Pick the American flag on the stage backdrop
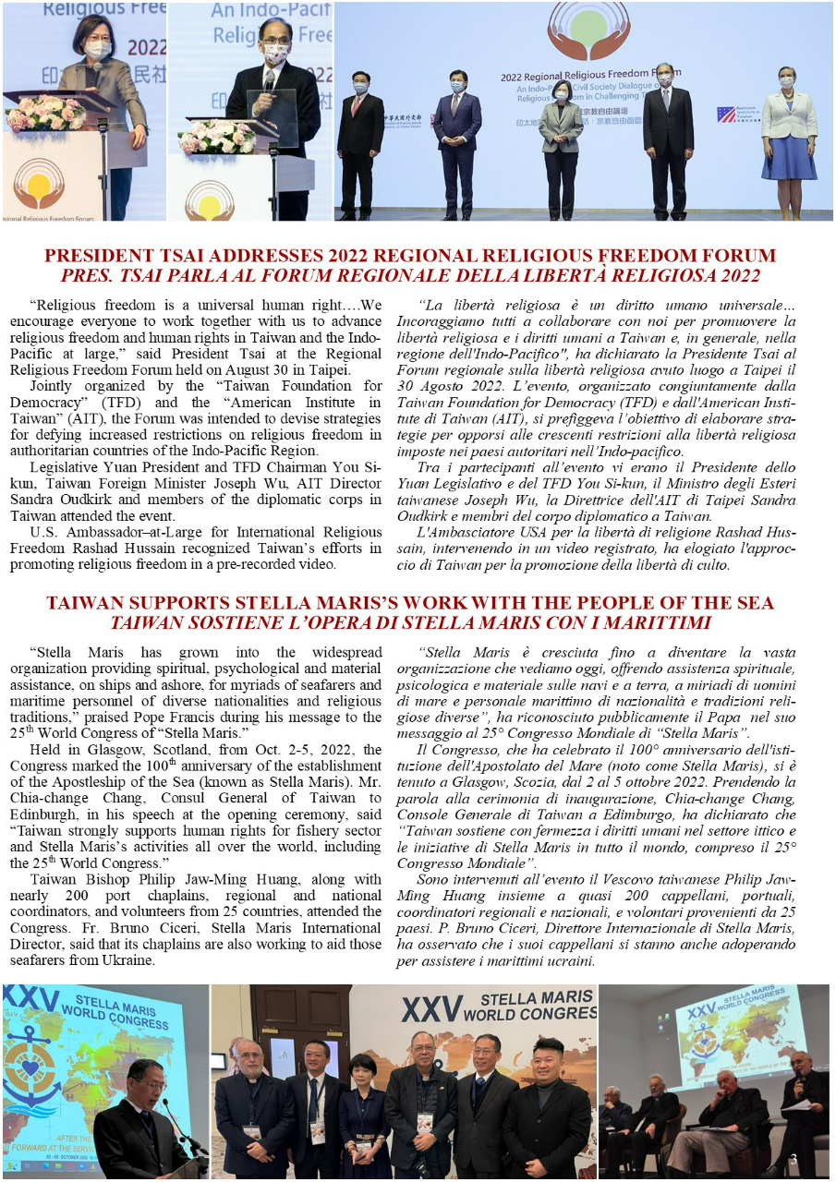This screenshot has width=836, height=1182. click(725, 115)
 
